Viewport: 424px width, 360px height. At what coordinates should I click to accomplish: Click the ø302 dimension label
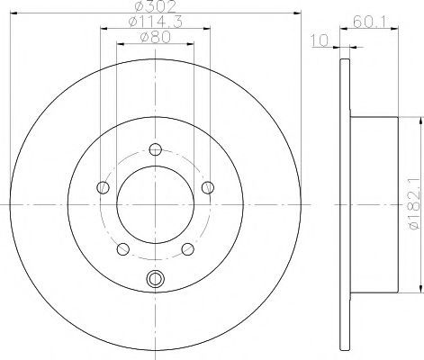155,6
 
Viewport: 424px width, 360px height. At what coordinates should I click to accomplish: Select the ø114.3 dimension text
155,22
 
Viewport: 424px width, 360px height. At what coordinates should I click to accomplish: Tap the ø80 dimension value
156,37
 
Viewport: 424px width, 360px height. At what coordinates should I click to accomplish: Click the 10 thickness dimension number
320,40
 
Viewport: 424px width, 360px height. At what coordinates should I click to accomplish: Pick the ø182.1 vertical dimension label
414,204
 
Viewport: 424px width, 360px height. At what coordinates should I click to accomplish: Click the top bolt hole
156,149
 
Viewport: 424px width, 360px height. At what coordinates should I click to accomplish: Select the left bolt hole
103,188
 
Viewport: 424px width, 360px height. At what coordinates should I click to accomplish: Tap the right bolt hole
208,188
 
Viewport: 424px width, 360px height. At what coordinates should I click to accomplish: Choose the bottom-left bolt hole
122,249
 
